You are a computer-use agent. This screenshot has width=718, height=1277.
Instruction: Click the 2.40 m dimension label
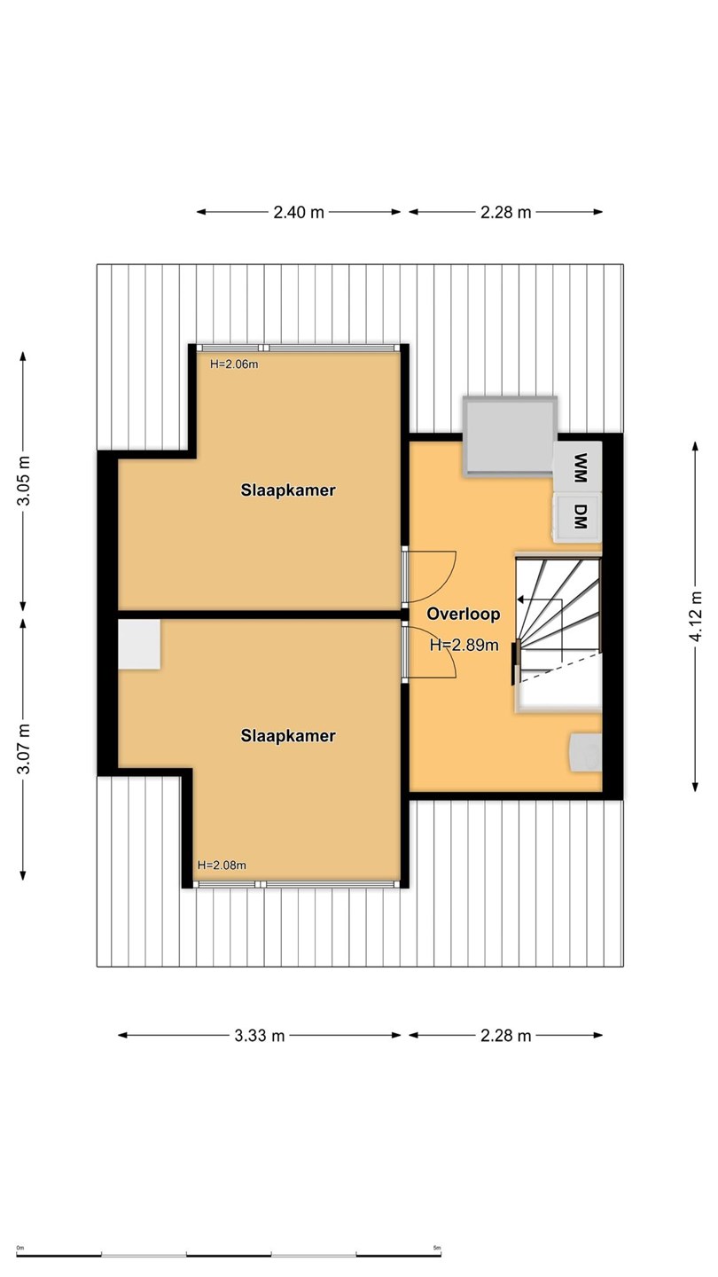[299, 212]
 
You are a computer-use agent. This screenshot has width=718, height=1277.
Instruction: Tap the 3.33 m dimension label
[259, 1035]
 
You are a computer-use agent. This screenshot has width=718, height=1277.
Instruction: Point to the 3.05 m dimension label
[23, 481]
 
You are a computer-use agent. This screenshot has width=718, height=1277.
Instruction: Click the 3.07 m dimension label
[23, 748]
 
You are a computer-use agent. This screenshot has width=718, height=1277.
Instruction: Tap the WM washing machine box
[578, 467]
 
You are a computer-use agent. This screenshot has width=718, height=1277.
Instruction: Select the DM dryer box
[578, 517]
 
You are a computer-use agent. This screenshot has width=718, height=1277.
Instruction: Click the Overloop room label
[464, 614]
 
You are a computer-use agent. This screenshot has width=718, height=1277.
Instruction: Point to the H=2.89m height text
[464, 645]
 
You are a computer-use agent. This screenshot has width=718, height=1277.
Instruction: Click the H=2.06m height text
[234, 364]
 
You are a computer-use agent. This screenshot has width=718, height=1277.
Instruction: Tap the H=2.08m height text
[222, 865]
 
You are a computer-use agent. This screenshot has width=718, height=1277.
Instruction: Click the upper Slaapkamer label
[288, 490]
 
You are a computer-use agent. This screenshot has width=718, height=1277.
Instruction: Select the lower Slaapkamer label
[288, 735]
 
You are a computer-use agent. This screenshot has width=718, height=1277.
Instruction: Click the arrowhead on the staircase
[520, 599]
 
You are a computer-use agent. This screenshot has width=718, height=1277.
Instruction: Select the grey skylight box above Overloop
[510, 435]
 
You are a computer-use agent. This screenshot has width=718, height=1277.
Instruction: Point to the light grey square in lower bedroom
[139, 644]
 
